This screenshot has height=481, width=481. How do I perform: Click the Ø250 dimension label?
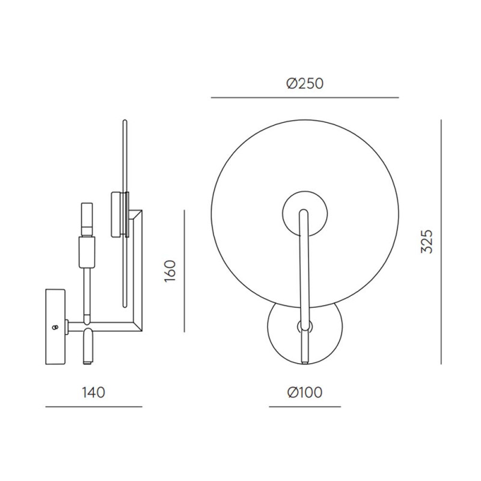click(x=305, y=84)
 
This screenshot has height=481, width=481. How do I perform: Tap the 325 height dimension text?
click(x=427, y=241)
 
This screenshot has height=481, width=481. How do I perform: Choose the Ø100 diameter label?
click(x=305, y=393)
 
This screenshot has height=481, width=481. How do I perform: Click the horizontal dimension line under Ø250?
click(x=305, y=97)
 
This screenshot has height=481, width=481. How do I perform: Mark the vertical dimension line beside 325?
click(x=441, y=241)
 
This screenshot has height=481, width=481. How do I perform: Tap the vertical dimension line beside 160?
click(x=184, y=271)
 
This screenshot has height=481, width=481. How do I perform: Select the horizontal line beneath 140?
click(x=94, y=407)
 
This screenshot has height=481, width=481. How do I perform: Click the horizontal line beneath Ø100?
click(x=305, y=407)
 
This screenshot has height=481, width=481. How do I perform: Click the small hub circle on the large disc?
click(x=305, y=211)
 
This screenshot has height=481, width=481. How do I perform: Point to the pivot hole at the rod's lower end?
click(x=304, y=327)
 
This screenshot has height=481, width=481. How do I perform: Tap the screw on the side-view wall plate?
click(x=56, y=327)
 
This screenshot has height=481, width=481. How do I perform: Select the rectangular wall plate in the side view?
click(x=57, y=328)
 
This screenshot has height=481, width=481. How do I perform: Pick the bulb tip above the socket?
click(x=87, y=219)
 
